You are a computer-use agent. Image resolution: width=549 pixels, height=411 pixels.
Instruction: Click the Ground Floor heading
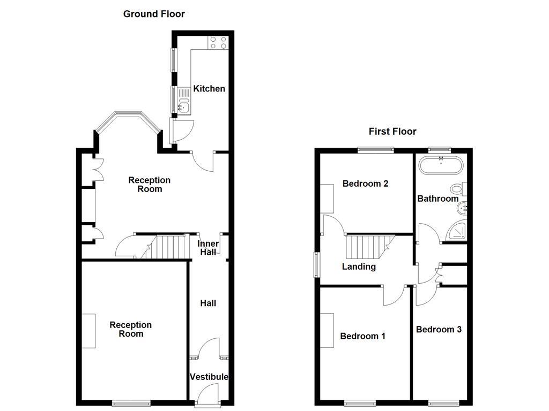click(154, 14)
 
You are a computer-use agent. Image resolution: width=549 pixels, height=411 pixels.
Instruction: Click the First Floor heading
click(392, 131)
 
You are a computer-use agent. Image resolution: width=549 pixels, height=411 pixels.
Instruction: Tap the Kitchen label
click(209, 88)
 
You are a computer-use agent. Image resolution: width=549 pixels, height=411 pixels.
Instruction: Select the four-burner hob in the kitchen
click(218, 42)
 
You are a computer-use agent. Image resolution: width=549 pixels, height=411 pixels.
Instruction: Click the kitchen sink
click(183, 107)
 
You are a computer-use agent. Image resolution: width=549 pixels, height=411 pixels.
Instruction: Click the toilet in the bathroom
click(459, 189)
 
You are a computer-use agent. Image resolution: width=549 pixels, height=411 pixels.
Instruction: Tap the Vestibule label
click(209, 377)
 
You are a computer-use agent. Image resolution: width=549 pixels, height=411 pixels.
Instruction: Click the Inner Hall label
click(208, 248)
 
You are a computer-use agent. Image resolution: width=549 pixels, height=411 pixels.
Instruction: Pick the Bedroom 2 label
click(365, 184)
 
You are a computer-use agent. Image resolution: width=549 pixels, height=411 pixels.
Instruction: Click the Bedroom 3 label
click(439, 329)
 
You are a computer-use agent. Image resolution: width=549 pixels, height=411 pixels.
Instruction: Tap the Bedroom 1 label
click(362, 336)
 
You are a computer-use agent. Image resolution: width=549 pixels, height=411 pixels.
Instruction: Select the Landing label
click(359, 267)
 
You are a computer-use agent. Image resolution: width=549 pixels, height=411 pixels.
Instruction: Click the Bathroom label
click(438, 199)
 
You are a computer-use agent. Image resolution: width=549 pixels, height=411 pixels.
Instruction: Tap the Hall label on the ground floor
click(208, 303)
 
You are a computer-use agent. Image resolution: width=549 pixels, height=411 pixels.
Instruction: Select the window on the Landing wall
click(316, 264)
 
